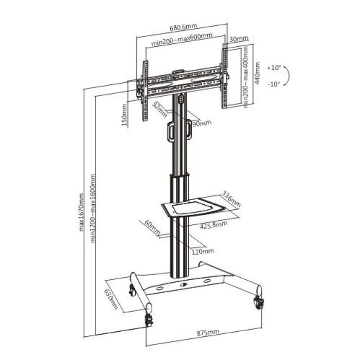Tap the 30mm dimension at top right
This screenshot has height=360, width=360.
tap(239, 39)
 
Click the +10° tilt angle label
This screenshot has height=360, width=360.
tap(275, 67)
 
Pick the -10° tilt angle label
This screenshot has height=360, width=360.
tap(275, 84)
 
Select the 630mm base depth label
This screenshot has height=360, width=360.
tap(110, 299)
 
